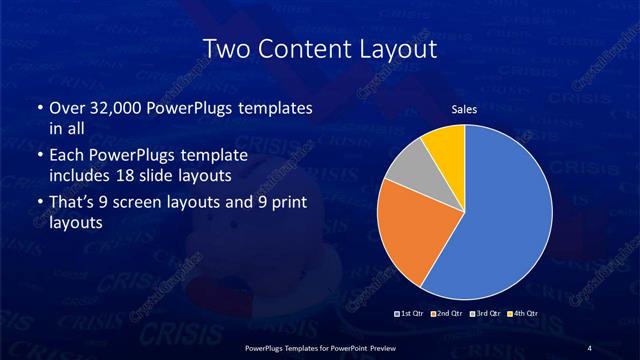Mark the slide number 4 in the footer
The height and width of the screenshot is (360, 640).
pyautogui.click(x=589, y=347)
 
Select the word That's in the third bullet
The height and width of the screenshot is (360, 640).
pyautogui.click(x=71, y=203)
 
